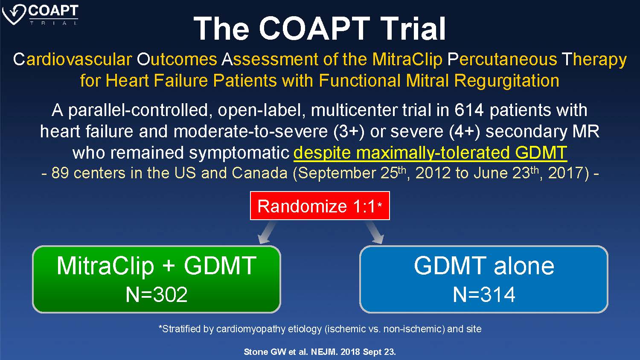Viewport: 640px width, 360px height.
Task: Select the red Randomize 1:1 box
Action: click(320, 206)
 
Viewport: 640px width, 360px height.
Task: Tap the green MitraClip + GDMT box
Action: click(157, 279)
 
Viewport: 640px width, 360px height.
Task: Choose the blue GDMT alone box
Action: click(484, 279)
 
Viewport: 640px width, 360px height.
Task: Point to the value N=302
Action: click(157, 294)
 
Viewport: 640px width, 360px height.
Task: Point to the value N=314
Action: click(484, 294)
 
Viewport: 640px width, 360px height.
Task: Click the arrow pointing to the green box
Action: click(267, 232)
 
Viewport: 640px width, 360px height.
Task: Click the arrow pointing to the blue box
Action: click(374, 232)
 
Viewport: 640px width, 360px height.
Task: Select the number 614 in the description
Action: click(469, 110)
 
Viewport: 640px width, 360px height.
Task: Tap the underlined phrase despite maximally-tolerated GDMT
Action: click(430, 153)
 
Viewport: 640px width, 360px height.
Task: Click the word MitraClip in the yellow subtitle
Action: click(407, 60)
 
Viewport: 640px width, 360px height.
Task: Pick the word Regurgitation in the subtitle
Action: click(506, 81)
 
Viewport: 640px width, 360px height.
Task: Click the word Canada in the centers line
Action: click(259, 173)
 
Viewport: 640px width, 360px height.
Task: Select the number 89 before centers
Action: click(60, 173)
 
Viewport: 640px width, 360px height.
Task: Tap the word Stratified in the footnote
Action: click(179, 329)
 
